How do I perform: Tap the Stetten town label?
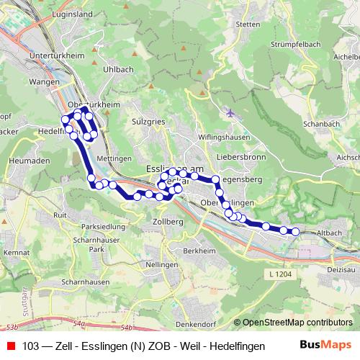pyautogui.click(x=247, y=24)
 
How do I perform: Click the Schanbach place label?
pyautogui.click(x=322, y=124)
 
